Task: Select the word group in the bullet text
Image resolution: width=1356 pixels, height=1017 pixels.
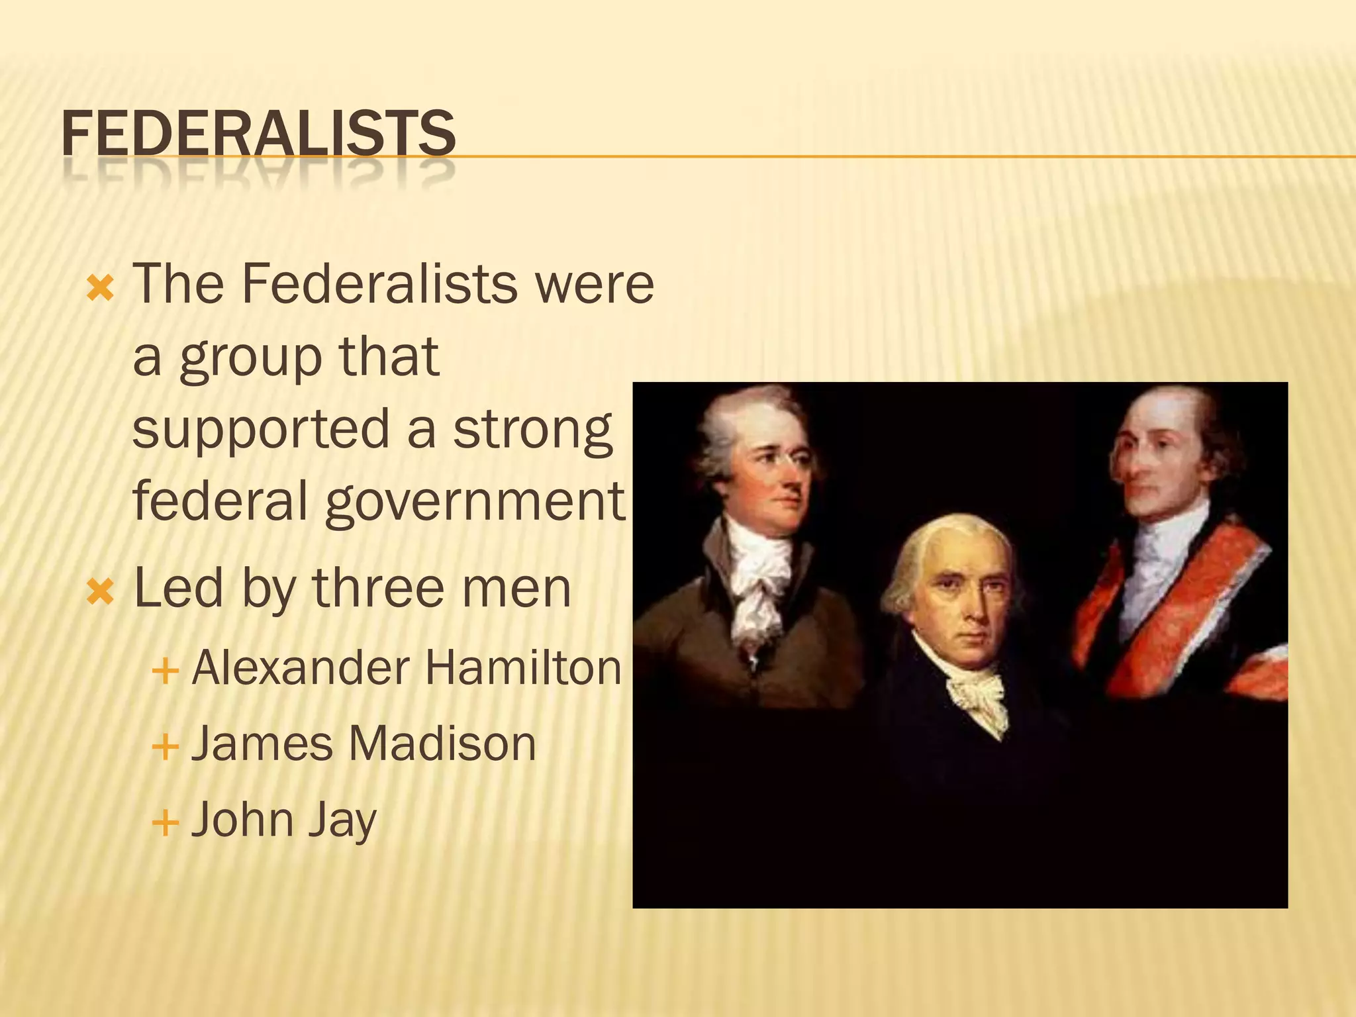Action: [x=250, y=358]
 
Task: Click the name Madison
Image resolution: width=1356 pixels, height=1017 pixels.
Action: [x=442, y=744]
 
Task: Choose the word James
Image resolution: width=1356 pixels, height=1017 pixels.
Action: [x=262, y=744]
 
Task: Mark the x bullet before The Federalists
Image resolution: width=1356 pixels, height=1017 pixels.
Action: [x=101, y=289]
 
